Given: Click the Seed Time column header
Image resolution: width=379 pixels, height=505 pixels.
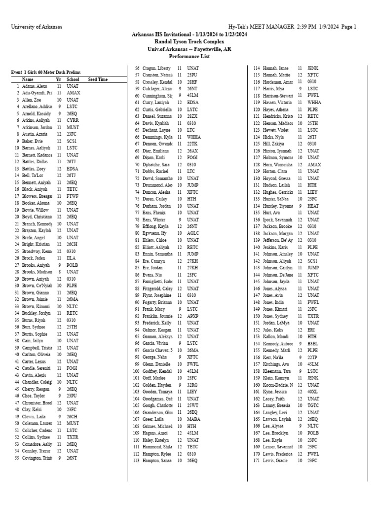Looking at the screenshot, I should tap(98, 79).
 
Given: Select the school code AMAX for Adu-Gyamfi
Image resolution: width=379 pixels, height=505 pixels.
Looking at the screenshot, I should tap(73, 92).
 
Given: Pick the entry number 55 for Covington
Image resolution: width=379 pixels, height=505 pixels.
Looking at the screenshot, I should tap(17, 458).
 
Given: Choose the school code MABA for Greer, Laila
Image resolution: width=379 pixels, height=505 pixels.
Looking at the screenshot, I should tap(193, 419).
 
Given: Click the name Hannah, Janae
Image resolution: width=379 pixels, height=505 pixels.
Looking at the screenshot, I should tap(275, 68).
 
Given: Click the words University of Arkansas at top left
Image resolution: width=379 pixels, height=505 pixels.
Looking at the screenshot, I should tap(37, 27).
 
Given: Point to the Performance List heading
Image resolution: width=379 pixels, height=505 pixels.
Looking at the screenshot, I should tap(189, 57).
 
